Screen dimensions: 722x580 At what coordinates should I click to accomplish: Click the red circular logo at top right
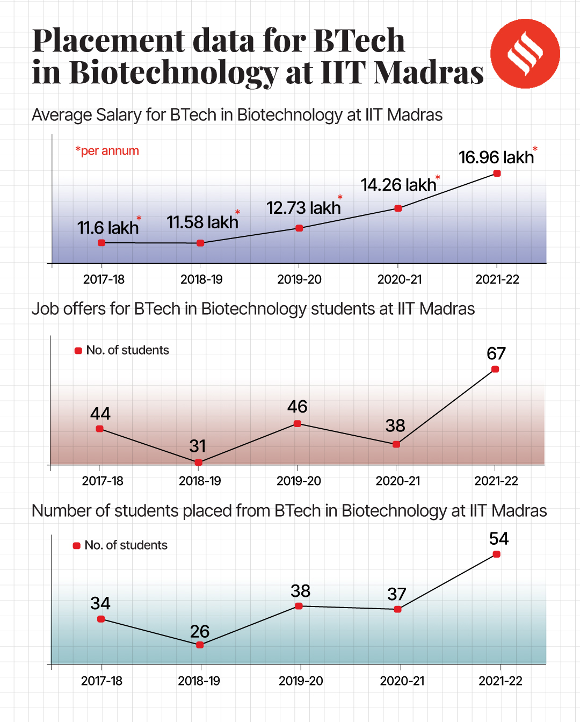[525, 54]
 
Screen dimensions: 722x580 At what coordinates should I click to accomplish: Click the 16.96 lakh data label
[496, 157]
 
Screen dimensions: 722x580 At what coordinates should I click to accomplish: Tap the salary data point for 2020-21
[398, 208]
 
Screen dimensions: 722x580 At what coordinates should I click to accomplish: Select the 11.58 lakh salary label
[202, 222]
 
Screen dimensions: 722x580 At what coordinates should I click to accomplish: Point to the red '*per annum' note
[107, 151]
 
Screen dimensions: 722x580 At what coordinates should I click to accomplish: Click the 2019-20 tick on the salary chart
[299, 279]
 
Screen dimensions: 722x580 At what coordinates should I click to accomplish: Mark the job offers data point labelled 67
[495, 369]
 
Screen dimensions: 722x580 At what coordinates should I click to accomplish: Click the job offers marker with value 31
[198, 462]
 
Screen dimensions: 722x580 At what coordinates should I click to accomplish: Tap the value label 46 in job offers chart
[297, 407]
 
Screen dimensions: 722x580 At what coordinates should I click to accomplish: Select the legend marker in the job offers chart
[78, 351]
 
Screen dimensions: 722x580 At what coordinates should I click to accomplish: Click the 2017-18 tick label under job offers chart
[103, 481]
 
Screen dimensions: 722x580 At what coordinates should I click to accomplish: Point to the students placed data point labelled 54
[496, 554]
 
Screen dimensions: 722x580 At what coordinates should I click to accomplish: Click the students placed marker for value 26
[200, 645]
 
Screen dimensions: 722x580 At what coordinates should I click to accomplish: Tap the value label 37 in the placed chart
[397, 594]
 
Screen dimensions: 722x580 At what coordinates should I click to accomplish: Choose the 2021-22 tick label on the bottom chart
[500, 681]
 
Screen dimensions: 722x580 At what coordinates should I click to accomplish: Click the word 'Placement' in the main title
[108, 41]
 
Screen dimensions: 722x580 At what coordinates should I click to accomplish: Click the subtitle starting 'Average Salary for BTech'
[237, 115]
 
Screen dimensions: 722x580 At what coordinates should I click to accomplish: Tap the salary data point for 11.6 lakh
[102, 243]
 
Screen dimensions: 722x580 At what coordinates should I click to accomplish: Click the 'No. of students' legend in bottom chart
[126, 545]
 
